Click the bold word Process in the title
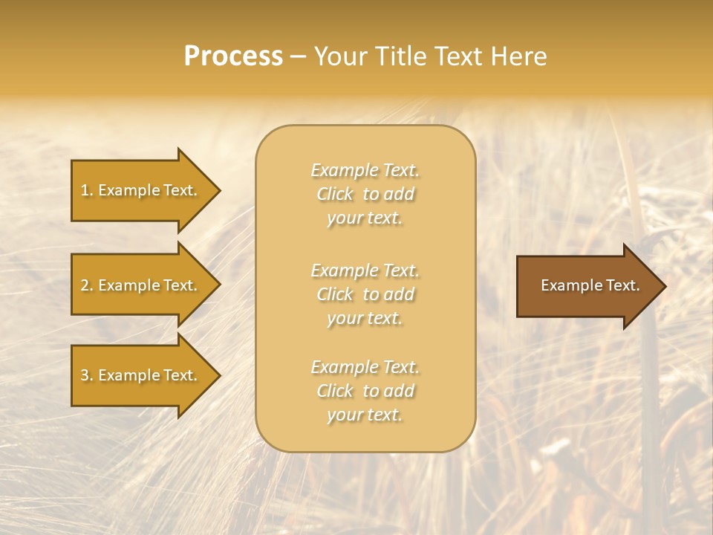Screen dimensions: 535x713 point(233,56)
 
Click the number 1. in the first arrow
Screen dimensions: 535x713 point(87,190)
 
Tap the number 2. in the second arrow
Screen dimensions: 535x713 point(87,285)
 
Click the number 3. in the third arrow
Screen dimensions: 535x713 point(87,375)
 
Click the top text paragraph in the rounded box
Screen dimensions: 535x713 point(365,194)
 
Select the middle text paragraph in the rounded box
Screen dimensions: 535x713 point(365,294)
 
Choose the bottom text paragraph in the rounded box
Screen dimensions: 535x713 point(365,391)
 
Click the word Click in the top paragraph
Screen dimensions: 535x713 point(335,194)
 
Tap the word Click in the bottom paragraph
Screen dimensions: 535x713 point(335,391)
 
